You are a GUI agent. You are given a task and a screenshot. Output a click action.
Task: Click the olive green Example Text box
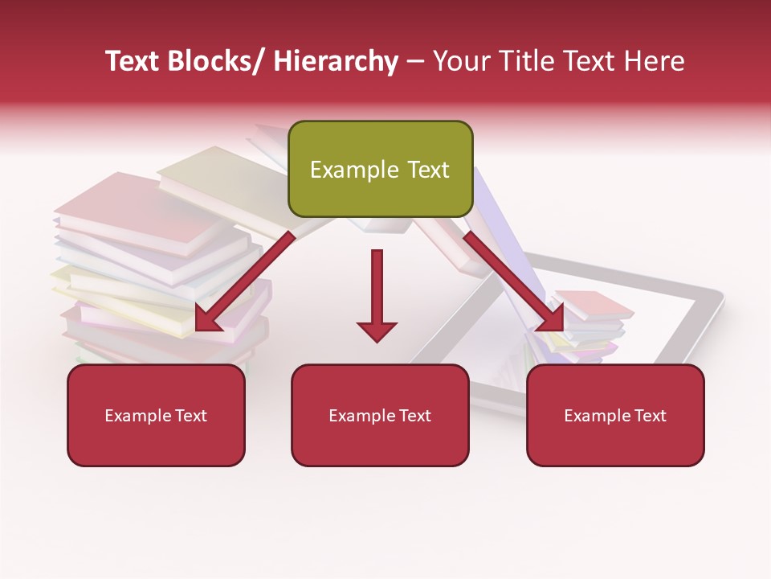click(380, 169)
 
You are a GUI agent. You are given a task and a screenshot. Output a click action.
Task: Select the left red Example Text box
click(156, 415)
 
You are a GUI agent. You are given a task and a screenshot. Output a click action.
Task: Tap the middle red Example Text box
click(380, 415)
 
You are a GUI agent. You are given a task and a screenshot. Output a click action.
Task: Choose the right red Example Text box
click(615, 415)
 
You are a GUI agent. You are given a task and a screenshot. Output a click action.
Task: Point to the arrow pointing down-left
click(241, 286)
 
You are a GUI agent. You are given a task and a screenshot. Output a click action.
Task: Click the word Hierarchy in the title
click(335, 62)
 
